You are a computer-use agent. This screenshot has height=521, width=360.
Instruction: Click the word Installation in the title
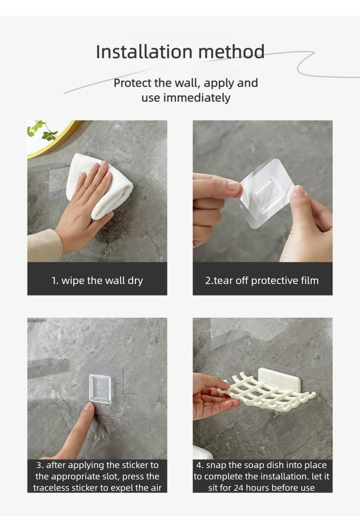click(144, 52)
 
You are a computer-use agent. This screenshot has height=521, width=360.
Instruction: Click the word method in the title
click(231, 52)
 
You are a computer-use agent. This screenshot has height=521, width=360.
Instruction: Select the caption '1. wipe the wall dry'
click(98, 280)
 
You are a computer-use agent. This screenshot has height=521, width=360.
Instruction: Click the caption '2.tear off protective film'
click(262, 280)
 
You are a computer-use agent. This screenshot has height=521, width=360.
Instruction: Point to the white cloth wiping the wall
click(100, 186)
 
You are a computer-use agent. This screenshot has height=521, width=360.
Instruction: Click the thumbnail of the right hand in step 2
click(298, 191)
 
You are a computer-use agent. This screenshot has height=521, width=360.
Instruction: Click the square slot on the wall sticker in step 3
click(100, 388)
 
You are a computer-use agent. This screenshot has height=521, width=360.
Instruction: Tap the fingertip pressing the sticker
click(89, 407)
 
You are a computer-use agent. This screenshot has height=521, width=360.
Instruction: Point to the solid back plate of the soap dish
click(280, 379)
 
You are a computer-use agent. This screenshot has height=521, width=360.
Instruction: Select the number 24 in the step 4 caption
click(238, 488)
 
